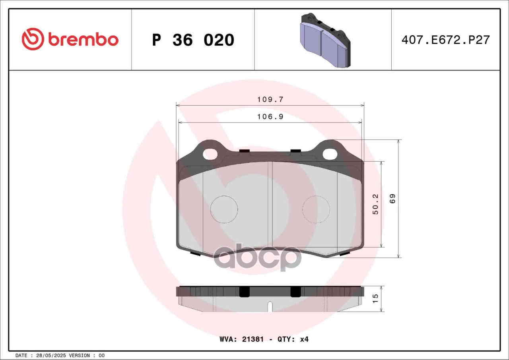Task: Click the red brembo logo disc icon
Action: coord(33,39)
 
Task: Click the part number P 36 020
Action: coord(193,40)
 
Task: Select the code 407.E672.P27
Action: coord(445,40)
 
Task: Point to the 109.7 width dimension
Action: coord(270,99)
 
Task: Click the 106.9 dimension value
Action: coord(270,117)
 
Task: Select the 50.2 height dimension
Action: coord(376,204)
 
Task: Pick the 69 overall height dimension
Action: coord(392,199)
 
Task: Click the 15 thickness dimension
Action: coord(375,298)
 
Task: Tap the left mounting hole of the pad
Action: coord(210,154)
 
